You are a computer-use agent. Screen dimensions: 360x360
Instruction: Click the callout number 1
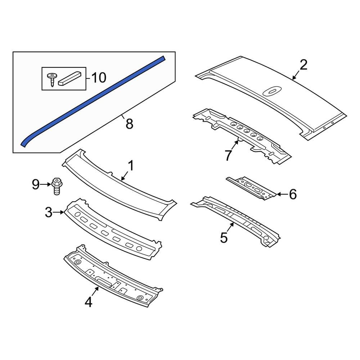130,166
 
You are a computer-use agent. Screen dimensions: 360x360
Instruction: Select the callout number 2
303,65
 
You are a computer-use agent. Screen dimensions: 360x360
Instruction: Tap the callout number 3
49,212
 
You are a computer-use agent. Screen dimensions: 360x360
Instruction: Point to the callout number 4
89,302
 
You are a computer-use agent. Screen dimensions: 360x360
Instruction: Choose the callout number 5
224,238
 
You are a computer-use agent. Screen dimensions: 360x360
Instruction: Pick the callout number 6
293,194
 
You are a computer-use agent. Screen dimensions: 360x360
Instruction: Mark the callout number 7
228,156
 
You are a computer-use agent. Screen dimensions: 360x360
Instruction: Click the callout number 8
129,124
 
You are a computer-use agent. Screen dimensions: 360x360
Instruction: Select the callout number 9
35,185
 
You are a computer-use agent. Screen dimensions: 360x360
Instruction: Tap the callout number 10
98,77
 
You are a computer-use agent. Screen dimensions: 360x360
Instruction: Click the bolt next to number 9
56,186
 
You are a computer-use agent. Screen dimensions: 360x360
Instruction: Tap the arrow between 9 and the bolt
46,185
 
